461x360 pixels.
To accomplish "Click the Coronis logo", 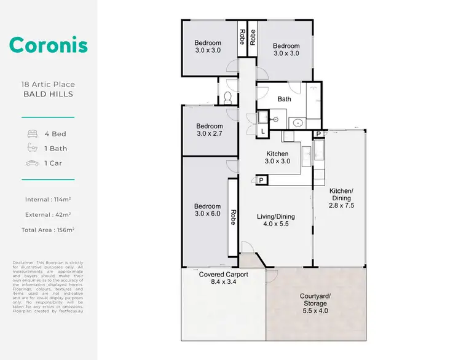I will pyautogui.click(x=48, y=45).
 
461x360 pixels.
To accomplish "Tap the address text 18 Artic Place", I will pyautogui.click(x=48, y=84).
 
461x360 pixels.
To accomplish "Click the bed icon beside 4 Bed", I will pyautogui.click(x=33, y=133).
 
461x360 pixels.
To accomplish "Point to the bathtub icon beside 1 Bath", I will pyautogui.click(x=33, y=148).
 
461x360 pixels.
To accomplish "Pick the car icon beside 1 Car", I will pyautogui.click(x=33, y=163).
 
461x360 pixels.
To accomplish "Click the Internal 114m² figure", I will pyautogui.click(x=48, y=200).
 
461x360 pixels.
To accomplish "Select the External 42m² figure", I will pyautogui.click(x=48, y=214).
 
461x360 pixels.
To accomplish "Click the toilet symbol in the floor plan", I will pyautogui.click(x=227, y=98).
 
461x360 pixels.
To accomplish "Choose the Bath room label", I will pyautogui.click(x=284, y=99).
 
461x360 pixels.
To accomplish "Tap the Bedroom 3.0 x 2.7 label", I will pyautogui.click(x=209, y=130).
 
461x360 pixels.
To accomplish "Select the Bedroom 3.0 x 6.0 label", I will pyautogui.click(x=207, y=210).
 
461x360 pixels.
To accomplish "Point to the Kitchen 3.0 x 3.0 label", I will pyautogui.click(x=277, y=158).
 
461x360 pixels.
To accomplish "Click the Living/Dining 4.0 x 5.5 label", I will pyautogui.click(x=275, y=220).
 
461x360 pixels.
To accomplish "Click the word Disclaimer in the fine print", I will pyautogui.click(x=23, y=262).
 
